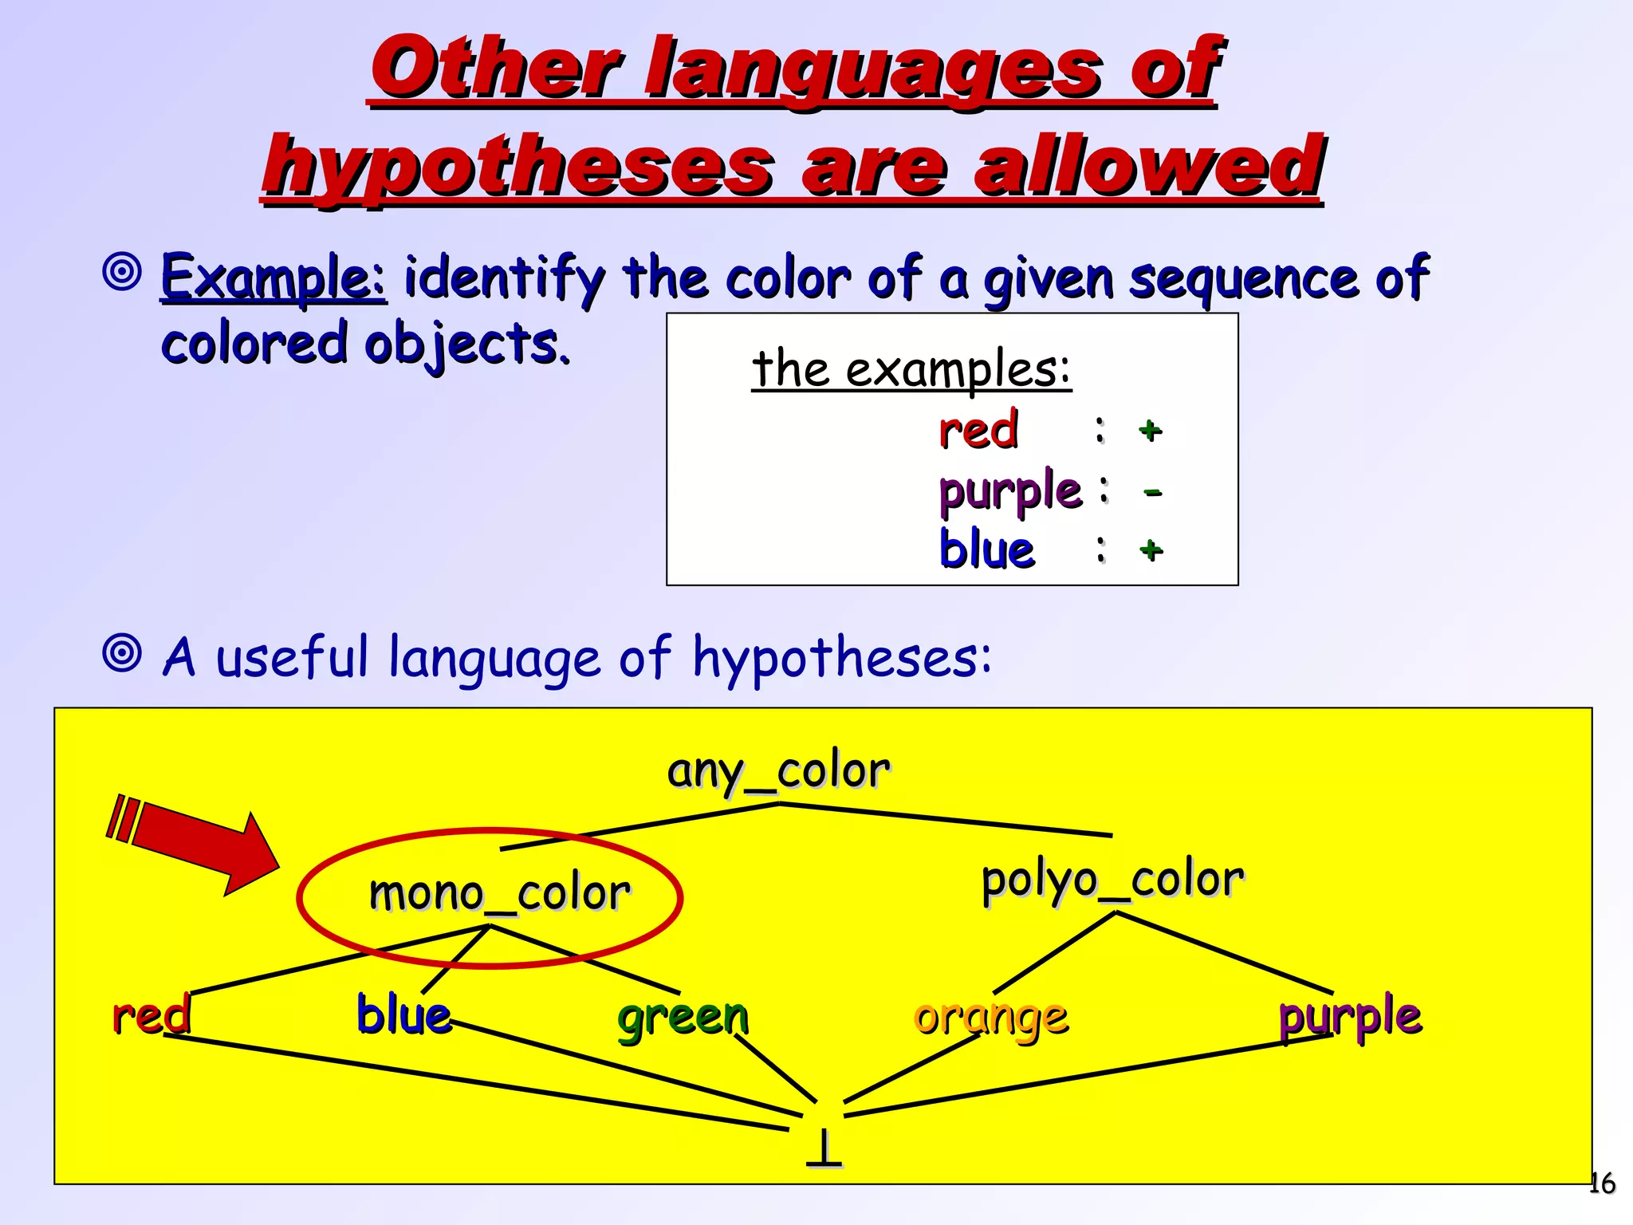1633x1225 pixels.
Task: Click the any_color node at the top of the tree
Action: point(778,772)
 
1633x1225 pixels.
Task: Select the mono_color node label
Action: point(499,892)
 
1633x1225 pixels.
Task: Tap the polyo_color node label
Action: point(1112,880)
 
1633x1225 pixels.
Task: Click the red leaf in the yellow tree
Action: point(151,1015)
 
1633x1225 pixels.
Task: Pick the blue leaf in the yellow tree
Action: point(403,1015)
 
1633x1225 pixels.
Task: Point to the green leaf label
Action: point(683,1018)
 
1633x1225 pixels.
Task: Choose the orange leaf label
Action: point(991,1018)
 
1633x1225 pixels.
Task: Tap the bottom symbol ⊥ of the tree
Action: point(824,1148)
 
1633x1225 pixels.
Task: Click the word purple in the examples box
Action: point(1010,490)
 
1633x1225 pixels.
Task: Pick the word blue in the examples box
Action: point(987,549)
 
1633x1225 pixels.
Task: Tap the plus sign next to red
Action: point(1150,431)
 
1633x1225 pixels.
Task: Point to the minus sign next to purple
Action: point(1152,492)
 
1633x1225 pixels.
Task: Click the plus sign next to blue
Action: point(1151,549)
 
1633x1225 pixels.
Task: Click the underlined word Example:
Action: point(273,278)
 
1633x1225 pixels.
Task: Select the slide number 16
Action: point(1601,1184)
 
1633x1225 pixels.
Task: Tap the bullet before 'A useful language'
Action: point(122,654)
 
